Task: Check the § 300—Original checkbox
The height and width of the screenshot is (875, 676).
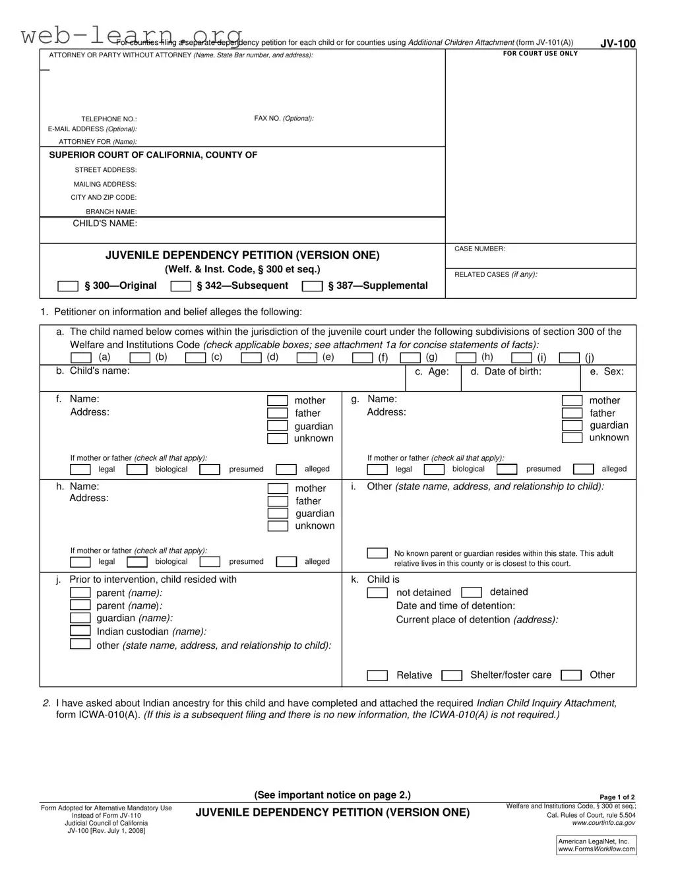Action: [x=68, y=286]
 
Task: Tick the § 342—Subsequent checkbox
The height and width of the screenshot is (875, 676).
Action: [x=181, y=286]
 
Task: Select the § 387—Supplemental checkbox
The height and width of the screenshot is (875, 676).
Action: [x=312, y=286]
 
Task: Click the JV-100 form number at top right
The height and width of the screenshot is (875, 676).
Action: [x=617, y=44]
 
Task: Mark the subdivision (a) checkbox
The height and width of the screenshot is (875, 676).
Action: [x=80, y=358]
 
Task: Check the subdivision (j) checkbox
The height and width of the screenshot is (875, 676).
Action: [x=569, y=358]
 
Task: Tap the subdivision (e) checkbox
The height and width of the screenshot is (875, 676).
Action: [x=307, y=358]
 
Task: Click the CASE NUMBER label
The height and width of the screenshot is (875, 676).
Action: [x=479, y=249]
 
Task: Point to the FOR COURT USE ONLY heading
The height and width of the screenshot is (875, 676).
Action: [x=540, y=53]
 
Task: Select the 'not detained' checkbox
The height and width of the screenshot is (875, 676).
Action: [x=377, y=593]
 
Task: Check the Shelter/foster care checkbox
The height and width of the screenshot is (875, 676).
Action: [x=452, y=675]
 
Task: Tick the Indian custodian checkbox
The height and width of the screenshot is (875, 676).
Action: [x=80, y=631]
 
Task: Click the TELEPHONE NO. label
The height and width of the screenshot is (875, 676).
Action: [x=109, y=119]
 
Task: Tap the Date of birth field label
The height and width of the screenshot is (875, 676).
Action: [x=506, y=372]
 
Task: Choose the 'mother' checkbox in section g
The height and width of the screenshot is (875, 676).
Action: [x=572, y=400]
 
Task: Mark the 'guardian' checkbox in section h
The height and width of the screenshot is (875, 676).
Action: [x=278, y=514]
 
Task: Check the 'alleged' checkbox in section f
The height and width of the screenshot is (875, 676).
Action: [x=286, y=469]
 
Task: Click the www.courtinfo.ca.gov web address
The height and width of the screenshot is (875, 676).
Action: [x=603, y=823]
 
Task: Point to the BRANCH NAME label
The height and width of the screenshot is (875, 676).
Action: [x=111, y=212]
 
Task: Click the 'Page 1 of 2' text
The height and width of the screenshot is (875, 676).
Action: [x=617, y=797]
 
